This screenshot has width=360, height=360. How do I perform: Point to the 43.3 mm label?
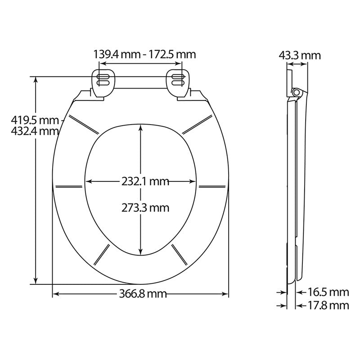coord(300,55)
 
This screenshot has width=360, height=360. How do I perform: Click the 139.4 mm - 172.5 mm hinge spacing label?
coord(144,55)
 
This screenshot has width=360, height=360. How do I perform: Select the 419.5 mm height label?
coord(30,120)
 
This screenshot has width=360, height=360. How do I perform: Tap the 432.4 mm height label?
coord(30,131)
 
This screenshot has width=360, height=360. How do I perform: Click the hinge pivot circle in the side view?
coord(296,92)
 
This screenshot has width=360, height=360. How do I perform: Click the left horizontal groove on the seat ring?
coord(68,186)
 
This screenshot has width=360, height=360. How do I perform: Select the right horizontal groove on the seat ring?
coord(212,186)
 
